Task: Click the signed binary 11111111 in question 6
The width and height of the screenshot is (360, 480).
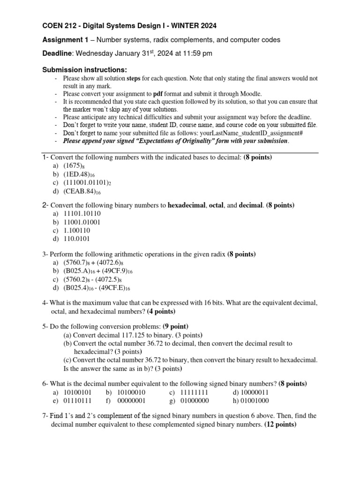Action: pos(193,392)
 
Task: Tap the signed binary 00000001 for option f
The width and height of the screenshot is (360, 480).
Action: pos(132,400)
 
